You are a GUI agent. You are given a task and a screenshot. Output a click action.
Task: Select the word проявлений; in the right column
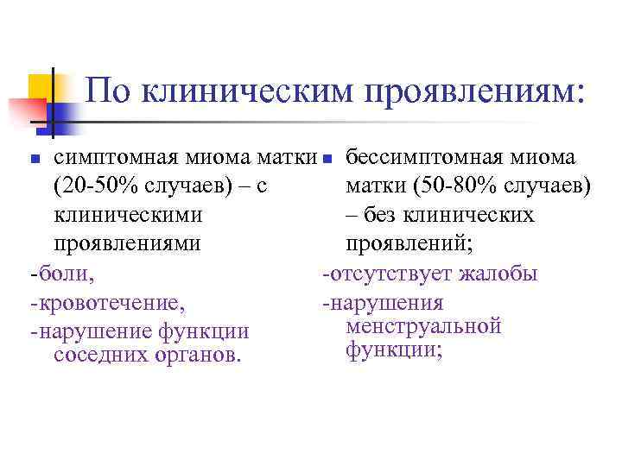409,245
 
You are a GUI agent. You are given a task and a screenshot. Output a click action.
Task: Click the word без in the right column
389,216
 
